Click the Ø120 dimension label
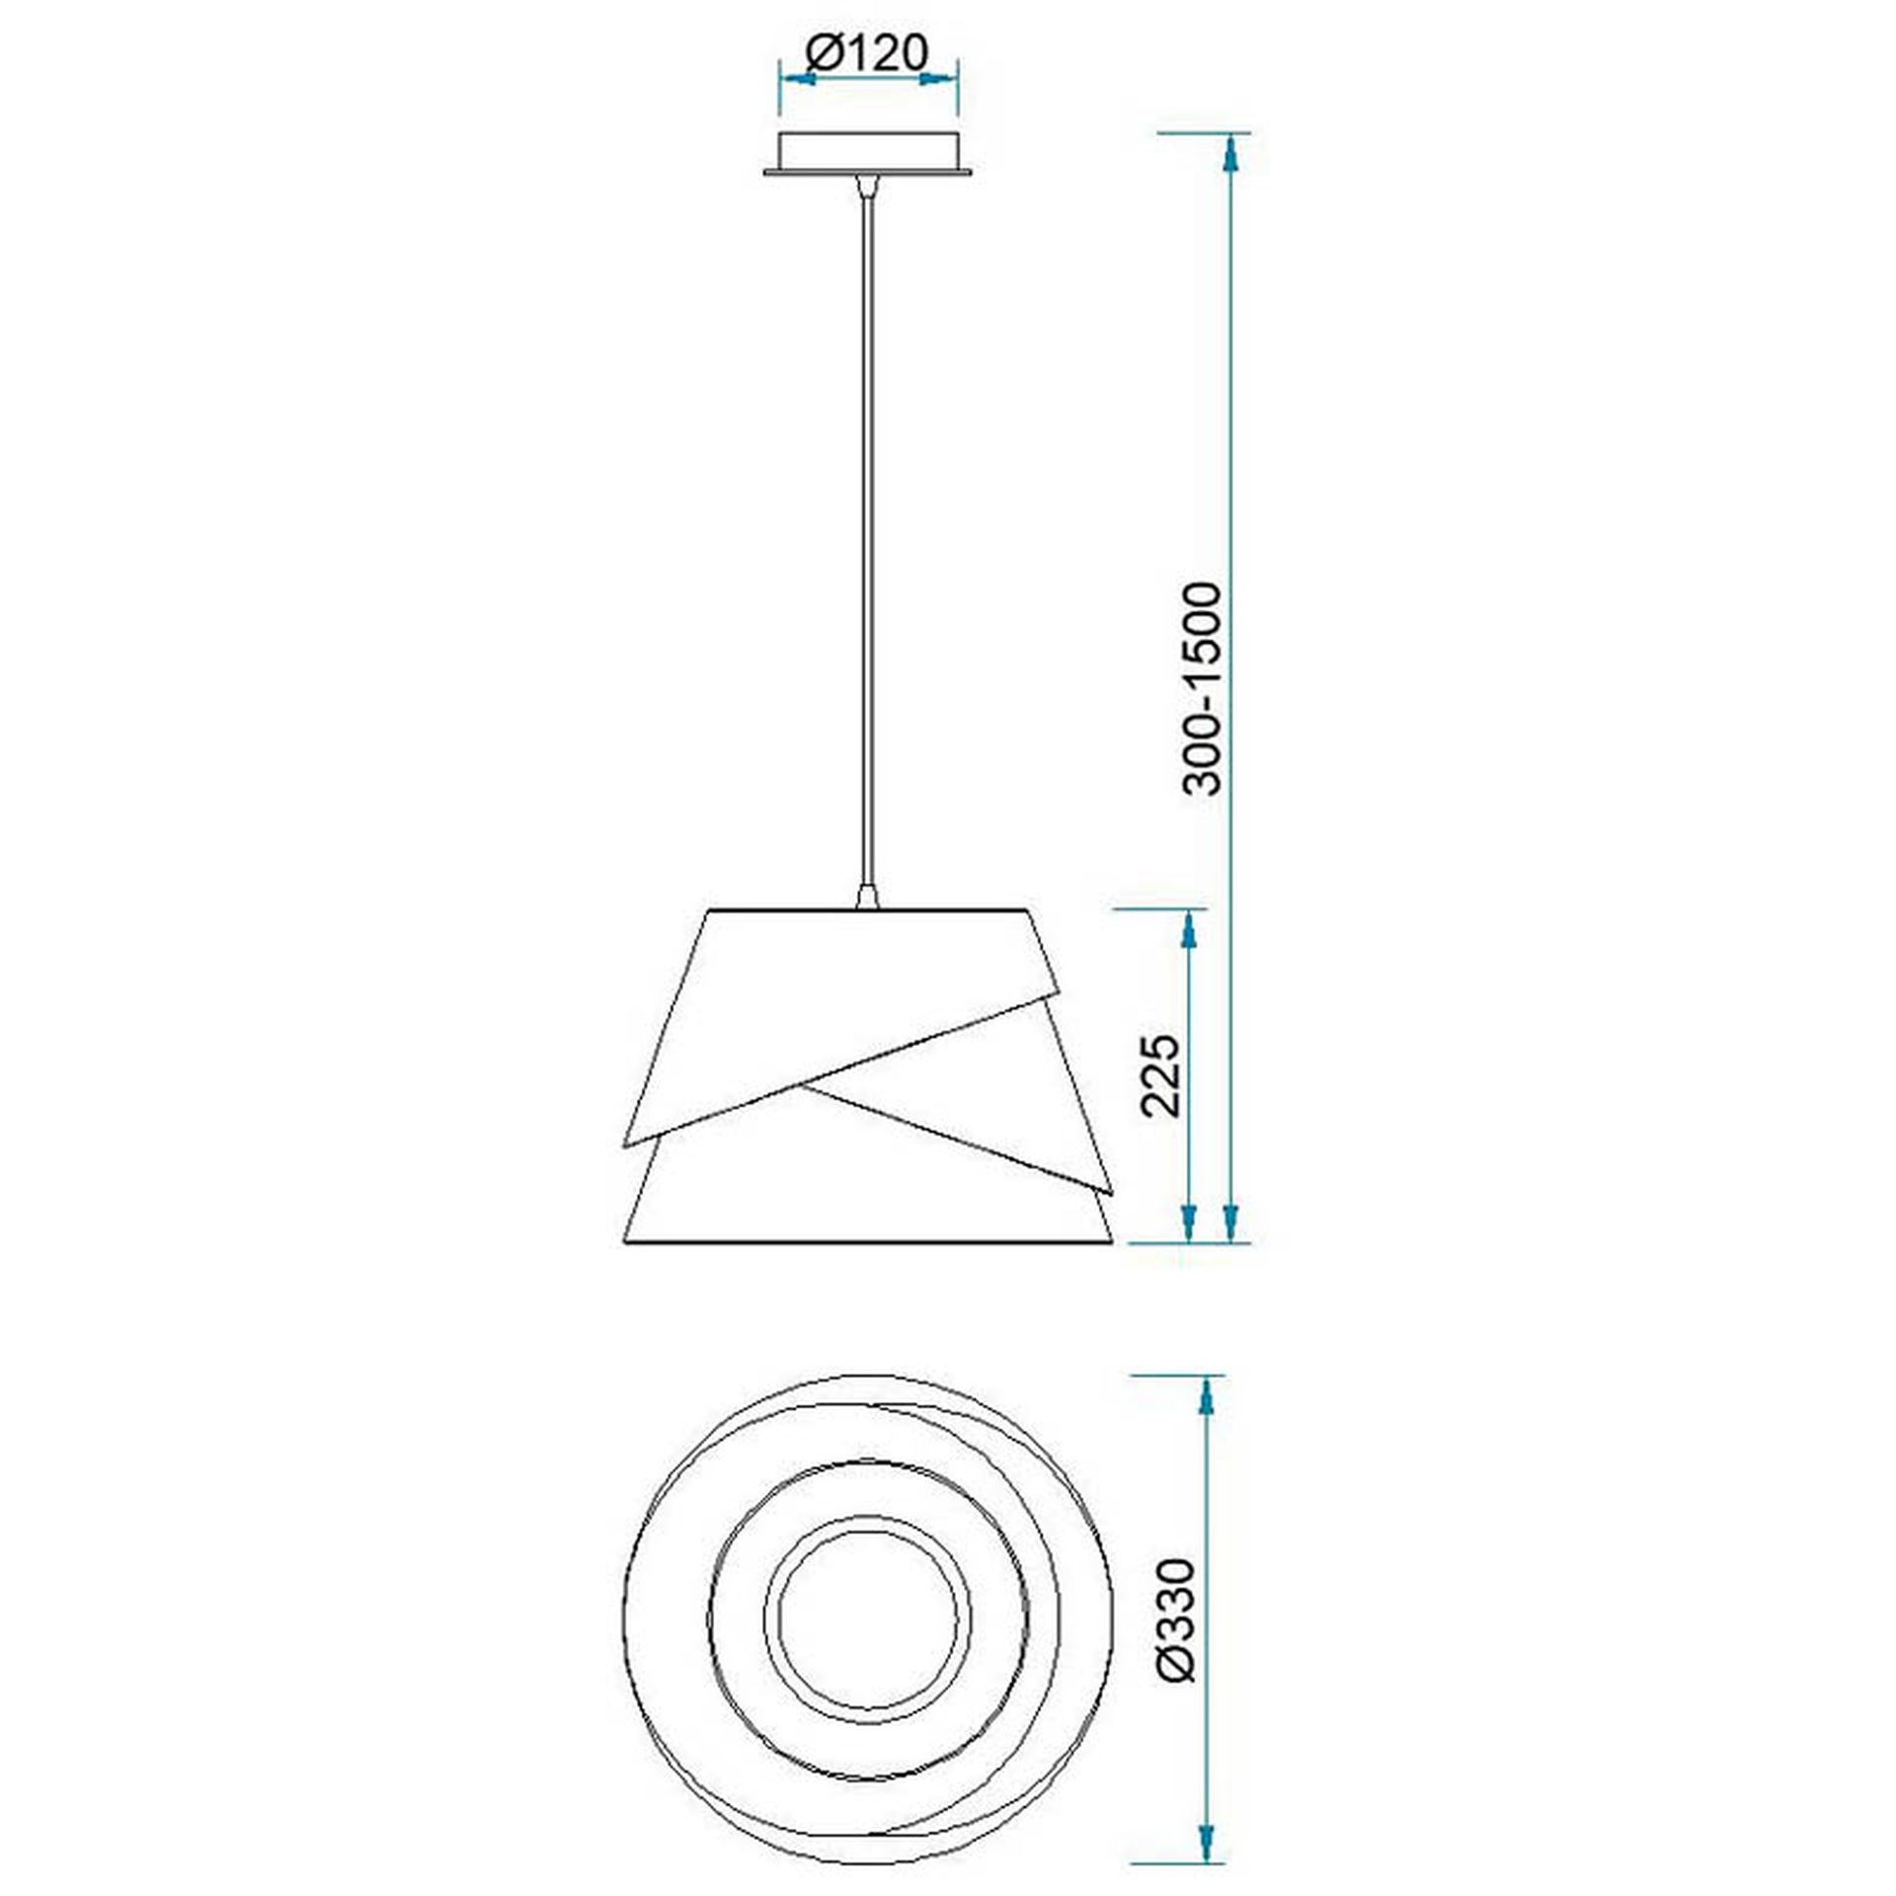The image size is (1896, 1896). pos(867,52)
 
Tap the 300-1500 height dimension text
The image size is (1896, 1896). pos(1203,689)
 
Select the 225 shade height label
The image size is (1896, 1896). pos(1160,1076)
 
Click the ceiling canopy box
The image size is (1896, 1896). pos(868,150)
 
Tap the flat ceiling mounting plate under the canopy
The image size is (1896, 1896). pos(867,173)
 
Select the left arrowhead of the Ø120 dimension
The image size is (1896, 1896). pos(796,78)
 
